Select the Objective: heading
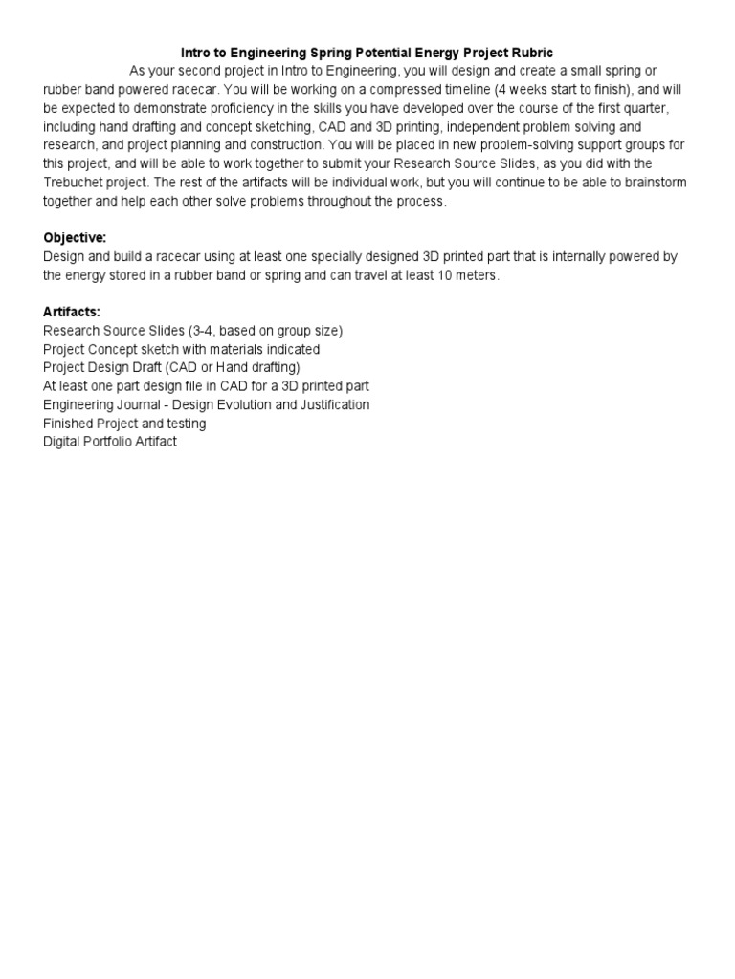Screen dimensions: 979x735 point(75,237)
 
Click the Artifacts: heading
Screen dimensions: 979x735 point(72,312)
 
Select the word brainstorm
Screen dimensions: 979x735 point(652,182)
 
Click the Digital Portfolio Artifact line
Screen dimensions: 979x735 point(110,442)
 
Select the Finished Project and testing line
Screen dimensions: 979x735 point(124,423)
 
